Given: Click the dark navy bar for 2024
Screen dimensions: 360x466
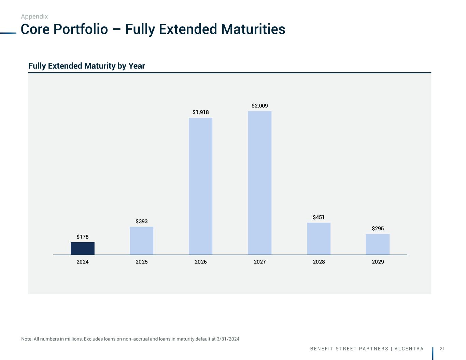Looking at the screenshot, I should coord(83,248).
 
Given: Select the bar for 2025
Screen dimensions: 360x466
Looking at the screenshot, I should coord(142,241).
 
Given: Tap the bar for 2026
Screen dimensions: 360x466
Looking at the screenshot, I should coord(201,186).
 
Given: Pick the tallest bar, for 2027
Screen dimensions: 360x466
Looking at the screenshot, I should coord(260,183).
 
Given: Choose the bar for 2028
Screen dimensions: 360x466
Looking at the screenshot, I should coord(319,239).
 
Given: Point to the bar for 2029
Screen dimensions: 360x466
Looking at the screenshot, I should coord(378,244).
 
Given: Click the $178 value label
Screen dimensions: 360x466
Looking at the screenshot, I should coord(83,237).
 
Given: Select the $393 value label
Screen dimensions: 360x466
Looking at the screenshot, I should coord(142,221).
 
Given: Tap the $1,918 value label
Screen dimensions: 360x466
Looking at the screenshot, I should coord(201,112).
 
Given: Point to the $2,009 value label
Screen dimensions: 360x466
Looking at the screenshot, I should coord(260,106).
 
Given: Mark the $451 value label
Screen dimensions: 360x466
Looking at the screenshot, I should coord(319,217).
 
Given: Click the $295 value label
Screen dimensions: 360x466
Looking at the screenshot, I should coord(378,229).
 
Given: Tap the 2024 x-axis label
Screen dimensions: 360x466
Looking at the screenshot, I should coord(83,262).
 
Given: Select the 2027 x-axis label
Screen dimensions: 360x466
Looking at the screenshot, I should coord(260,262).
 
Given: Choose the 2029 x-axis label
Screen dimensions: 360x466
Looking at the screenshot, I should coord(378,262).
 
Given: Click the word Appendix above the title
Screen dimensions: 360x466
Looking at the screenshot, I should coord(34,16).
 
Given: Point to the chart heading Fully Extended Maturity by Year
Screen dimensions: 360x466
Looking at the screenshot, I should coord(87,66).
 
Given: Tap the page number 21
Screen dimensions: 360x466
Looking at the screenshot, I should coord(442,348).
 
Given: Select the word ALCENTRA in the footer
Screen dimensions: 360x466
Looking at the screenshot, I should coord(409,349).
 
